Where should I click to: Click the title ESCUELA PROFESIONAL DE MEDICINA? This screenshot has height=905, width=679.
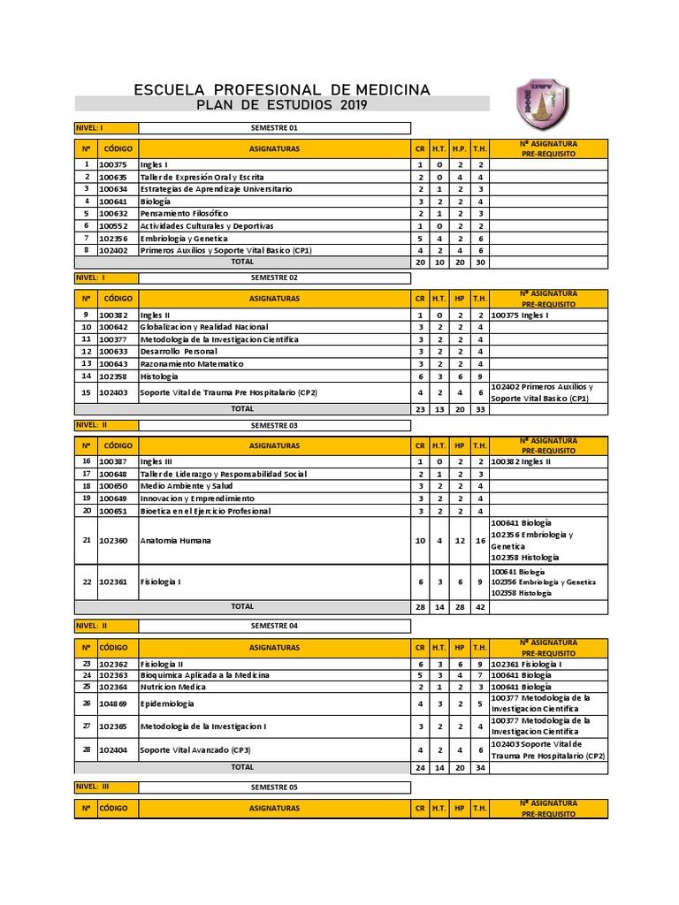pyautogui.click(x=281, y=90)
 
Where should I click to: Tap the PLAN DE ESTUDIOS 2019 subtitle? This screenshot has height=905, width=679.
pyautogui.click(x=281, y=105)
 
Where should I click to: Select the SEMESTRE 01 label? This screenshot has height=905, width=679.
pyautogui.click(x=275, y=128)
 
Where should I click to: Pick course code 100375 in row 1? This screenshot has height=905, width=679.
pyautogui.click(x=113, y=164)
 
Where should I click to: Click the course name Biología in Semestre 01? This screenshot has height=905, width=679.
pyautogui.click(x=155, y=202)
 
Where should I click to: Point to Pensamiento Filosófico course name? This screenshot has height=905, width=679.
pyautogui.click(x=184, y=214)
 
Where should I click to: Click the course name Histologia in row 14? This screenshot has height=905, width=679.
pyautogui.click(x=160, y=376)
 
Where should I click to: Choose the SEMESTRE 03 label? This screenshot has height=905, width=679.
pyautogui.click(x=275, y=425)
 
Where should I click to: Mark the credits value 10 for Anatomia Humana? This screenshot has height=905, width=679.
pyautogui.click(x=420, y=540)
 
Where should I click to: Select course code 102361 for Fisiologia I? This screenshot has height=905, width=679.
pyautogui.click(x=113, y=582)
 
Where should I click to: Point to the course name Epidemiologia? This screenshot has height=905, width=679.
pyautogui.click(x=166, y=703)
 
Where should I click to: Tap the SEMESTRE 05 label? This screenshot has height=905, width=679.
pyautogui.click(x=275, y=787)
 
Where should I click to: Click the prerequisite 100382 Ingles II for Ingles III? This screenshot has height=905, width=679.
pyautogui.click(x=521, y=461)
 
